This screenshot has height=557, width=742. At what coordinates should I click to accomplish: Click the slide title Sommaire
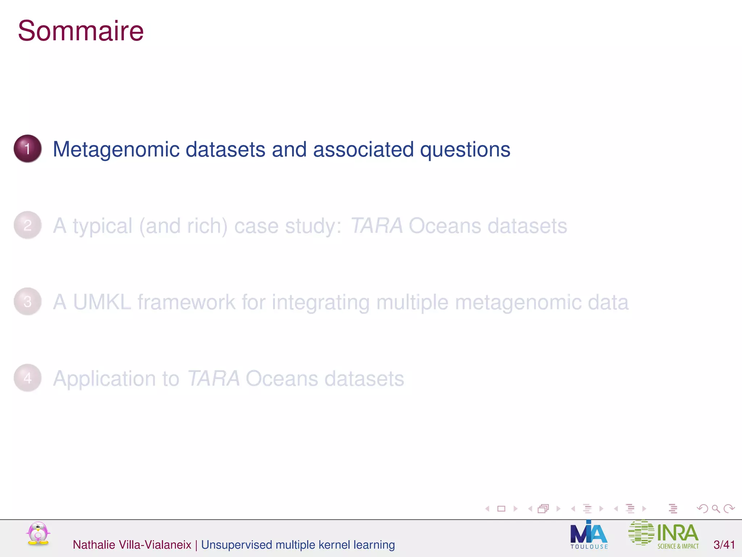pos(80,31)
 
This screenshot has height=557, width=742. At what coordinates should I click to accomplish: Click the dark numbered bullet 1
pos(28,149)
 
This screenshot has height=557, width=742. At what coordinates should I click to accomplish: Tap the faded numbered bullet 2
pos(28,225)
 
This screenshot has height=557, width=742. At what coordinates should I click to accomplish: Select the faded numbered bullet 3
pos(28,302)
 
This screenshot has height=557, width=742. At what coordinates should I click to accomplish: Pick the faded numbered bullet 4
pos(28,378)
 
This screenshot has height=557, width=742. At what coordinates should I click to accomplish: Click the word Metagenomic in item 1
pos(116,149)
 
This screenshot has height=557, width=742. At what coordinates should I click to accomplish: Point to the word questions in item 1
pos(465,149)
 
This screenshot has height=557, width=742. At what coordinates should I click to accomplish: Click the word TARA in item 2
pos(376,226)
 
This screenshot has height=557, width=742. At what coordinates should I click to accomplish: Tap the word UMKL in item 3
pos(102,302)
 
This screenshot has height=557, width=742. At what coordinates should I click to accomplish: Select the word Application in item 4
pos(116,379)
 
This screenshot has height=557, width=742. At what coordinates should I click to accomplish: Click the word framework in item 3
pos(186,302)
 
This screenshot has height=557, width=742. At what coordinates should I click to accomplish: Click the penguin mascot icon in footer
pos(38,534)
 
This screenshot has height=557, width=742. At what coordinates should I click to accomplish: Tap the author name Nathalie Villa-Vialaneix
pos(132,545)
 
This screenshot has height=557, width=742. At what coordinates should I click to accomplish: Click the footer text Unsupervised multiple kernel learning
pos(298,545)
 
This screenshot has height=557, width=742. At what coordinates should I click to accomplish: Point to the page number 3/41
pos(724,545)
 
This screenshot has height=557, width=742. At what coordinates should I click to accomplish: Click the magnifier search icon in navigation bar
pos(716,509)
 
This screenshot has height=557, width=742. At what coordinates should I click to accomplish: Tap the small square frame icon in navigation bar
pos(501,509)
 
